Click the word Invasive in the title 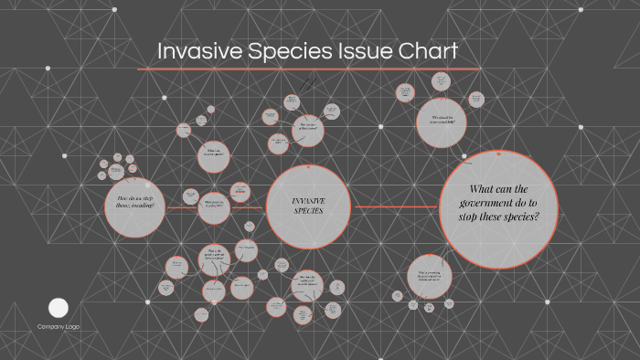192,51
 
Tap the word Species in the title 275,52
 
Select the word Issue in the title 348,51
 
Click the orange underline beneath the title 308,69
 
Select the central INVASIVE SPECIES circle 308,206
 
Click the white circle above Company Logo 59,308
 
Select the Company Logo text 59,326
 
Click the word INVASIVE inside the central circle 308,200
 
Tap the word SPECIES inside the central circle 308,212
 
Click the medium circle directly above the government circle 442,121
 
